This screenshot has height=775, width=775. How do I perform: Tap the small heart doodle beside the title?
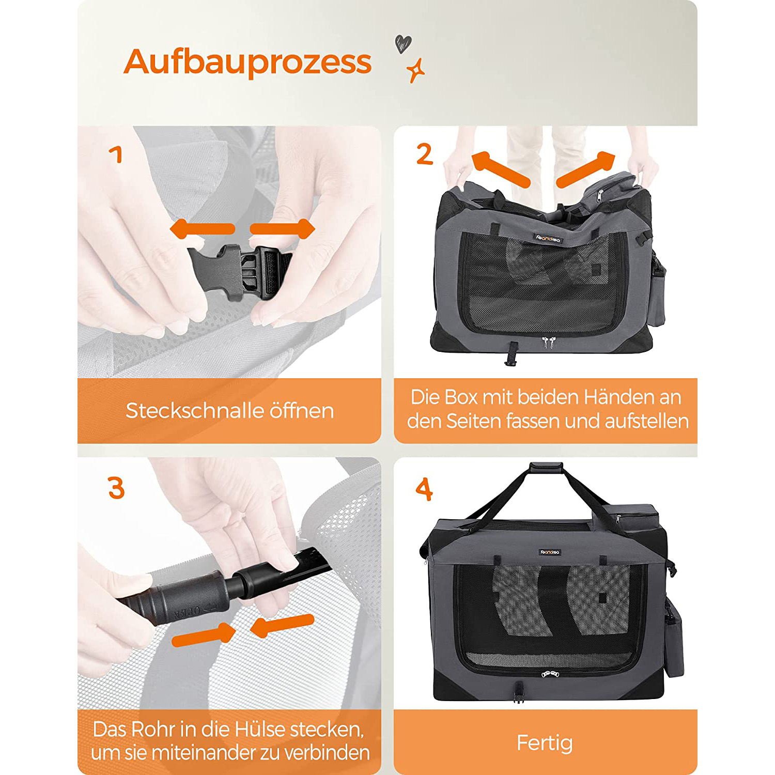(x=403, y=43)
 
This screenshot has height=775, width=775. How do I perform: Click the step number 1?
(x=116, y=154)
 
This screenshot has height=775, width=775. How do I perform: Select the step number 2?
(x=425, y=154)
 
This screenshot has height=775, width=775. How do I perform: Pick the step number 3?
(x=116, y=488)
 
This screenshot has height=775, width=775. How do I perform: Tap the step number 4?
(x=424, y=489)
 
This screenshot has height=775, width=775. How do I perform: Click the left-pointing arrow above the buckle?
(x=202, y=229)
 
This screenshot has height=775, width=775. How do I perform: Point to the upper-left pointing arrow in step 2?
(x=501, y=168)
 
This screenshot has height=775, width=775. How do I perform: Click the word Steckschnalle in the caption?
(x=195, y=411)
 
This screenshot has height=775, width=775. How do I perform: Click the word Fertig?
(x=545, y=743)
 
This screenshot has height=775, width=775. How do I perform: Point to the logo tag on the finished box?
(x=550, y=552)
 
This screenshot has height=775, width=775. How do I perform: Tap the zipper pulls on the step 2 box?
(x=545, y=342)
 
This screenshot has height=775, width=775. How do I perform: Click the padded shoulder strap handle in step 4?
(x=546, y=468)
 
